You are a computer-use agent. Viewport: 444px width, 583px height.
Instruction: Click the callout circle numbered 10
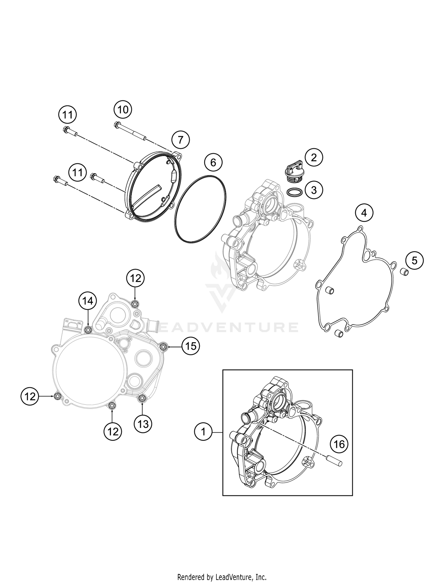click(123, 110)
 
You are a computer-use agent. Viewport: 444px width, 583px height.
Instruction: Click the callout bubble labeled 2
click(314, 157)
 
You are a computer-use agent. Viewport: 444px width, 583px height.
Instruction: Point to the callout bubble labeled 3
click(314, 190)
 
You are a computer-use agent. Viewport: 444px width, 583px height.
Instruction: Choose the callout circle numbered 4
click(364, 213)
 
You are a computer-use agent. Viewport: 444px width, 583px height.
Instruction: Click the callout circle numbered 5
click(414, 261)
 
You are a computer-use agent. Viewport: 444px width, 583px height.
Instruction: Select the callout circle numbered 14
click(88, 301)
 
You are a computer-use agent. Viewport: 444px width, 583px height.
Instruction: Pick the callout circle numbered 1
click(203, 432)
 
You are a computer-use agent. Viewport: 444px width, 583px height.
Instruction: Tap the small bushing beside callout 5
click(404, 272)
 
